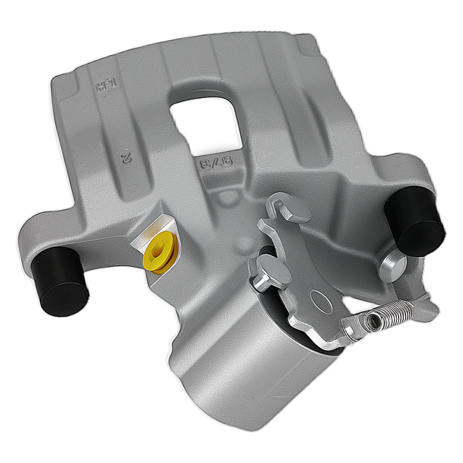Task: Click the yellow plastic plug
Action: point(160,252)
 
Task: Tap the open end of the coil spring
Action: point(370,319)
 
